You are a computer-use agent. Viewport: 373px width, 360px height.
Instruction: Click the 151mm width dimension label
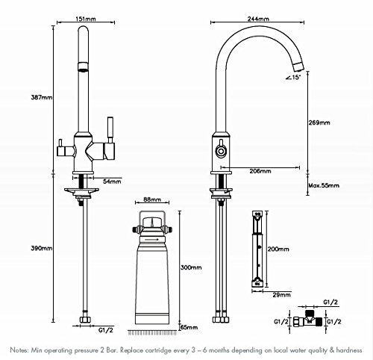pos(86,19)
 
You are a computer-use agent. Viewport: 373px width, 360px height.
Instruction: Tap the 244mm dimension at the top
pos(258,19)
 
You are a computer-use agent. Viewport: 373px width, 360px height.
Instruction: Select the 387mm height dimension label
pos(42,97)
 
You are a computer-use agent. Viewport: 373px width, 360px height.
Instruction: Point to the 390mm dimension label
pos(42,248)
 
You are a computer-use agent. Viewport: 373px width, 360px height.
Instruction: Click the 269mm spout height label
pos(319,122)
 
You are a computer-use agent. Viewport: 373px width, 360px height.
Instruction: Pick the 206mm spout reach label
pos(260,171)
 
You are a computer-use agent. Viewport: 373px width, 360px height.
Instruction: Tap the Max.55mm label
pos(324,185)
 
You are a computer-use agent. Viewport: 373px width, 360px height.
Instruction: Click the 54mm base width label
pos(112,181)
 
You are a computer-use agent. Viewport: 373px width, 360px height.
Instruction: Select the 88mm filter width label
pos(152,199)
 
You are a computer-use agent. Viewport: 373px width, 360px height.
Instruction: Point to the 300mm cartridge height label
pos(191,267)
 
